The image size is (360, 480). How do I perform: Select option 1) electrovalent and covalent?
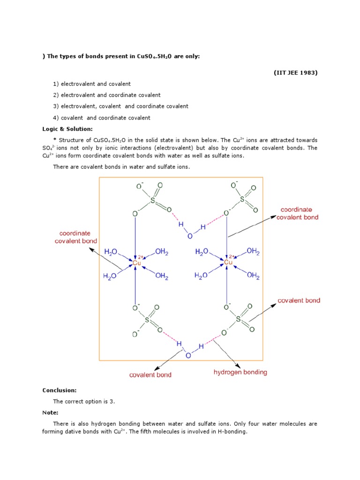coord(91,84)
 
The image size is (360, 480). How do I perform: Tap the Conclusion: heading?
coord(60,390)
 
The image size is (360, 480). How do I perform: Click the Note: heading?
coord(50,412)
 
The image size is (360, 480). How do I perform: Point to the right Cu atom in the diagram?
coord(228,262)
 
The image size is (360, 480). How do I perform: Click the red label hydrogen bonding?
coord(240,372)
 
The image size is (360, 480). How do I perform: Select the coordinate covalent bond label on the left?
coord(78,237)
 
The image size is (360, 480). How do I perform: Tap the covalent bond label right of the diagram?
coord(299,300)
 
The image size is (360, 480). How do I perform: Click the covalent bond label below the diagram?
coord(150,375)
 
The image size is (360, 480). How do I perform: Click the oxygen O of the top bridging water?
coord(190,236)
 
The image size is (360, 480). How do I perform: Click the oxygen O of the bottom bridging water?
coord(188,355)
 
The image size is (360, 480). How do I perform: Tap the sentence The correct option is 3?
coord(84,401)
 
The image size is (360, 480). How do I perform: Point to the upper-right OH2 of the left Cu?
coord(161,252)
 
